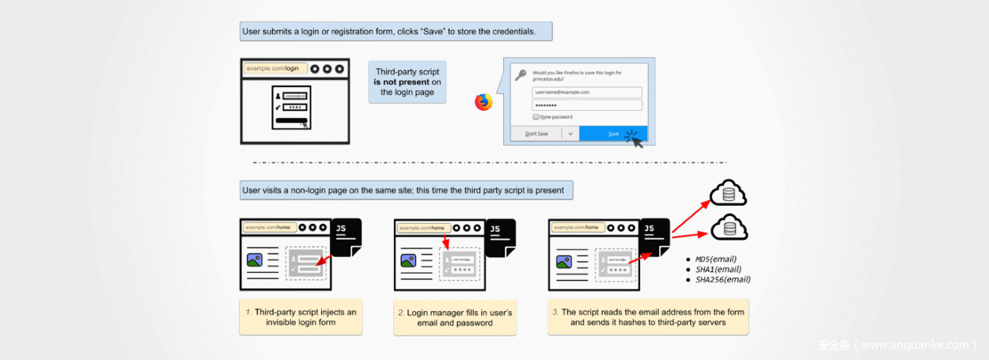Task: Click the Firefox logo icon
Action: tap(483, 102)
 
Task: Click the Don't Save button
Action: tap(536, 134)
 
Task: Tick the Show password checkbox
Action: tap(536, 117)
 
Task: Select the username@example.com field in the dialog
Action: tap(586, 92)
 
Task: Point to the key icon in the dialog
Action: tap(520, 76)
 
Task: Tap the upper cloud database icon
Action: tap(729, 193)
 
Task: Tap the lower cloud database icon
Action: tap(729, 229)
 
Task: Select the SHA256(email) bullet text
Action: tap(722, 279)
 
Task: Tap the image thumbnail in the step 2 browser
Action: tap(409, 260)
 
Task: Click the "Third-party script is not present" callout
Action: tap(407, 81)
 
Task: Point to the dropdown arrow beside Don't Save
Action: tap(570, 134)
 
